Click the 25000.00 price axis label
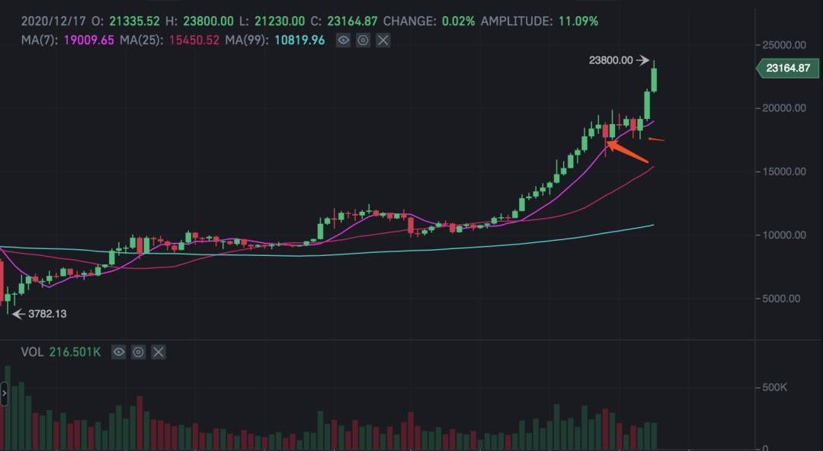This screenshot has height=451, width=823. (x=784, y=45)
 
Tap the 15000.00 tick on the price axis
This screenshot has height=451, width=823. (x=784, y=171)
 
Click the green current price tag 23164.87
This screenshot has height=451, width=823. (x=787, y=68)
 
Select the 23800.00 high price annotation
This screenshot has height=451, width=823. (x=611, y=60)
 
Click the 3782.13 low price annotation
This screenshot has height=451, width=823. (x=47, y=313)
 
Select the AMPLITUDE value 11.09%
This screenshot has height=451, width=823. (x=578, y=21)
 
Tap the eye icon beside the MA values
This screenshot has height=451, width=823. (x=344, y=40)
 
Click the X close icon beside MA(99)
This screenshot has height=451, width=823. (x=383, y=40)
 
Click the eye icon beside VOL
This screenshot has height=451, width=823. (x=118, y=352)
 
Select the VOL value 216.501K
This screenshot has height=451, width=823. (x=75, y=352)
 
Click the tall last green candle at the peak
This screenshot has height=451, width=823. (x=653, y=79)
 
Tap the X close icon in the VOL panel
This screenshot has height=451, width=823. (x=158, y=352)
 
